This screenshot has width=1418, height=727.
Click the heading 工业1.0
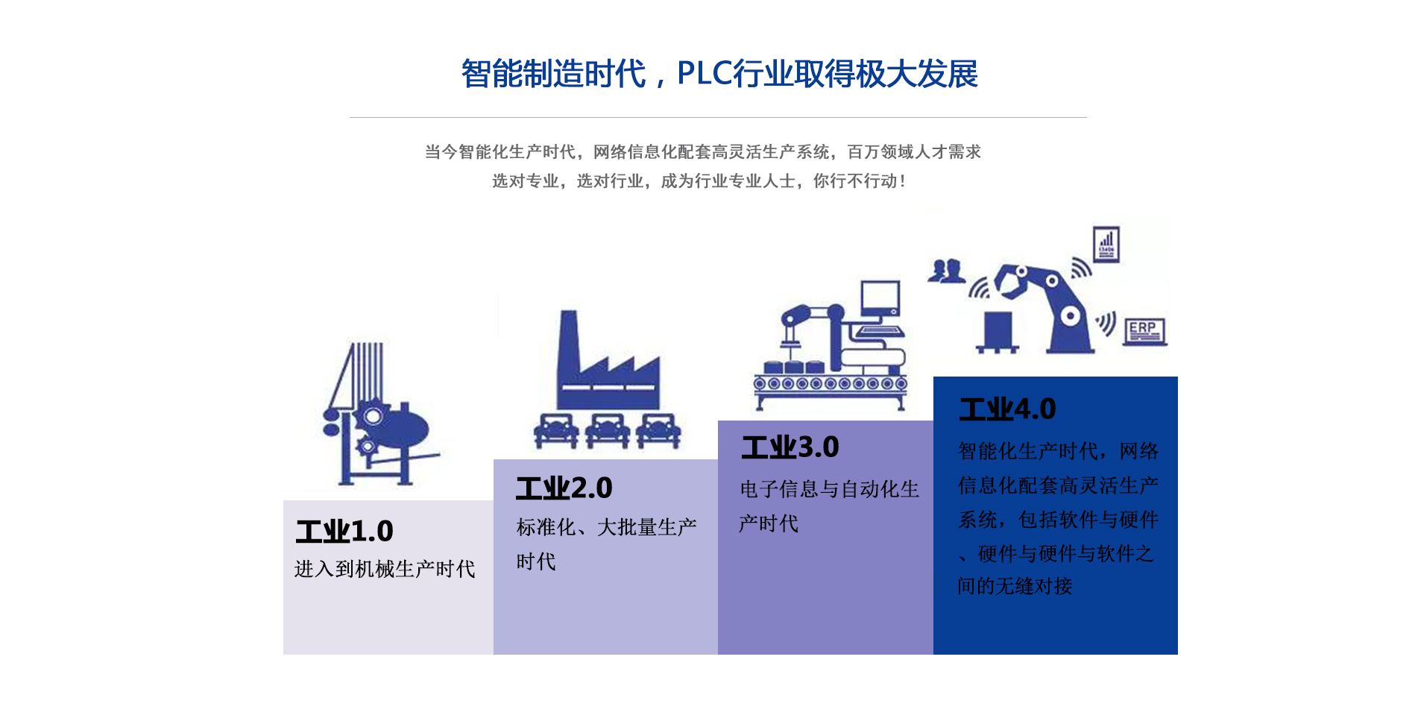(x=344, y=531)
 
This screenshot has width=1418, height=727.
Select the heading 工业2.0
(x=564, y=488)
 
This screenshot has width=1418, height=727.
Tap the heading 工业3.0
(x=790, y=447)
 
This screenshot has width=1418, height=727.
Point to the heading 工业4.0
(x=1008, y=409)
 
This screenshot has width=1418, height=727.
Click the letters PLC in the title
(x=705, y=73)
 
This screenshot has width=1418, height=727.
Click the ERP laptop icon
(x=1144, y=331)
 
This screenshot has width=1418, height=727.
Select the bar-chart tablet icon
(x=1106, y=244)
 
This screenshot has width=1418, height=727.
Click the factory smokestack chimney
(x=570, y=347)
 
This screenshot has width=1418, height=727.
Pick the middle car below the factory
(x=608, y=430)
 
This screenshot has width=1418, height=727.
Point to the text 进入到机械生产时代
(x=385, y=569)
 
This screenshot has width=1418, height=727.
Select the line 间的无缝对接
(x=1015, y=586)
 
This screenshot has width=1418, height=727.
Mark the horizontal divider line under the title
(x=718, y=117)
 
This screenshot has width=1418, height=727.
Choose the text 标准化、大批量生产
(x=607, y=527)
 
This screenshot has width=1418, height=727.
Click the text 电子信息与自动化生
(x=830, y=489)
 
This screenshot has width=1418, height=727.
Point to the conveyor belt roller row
(x=831, y=384)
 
